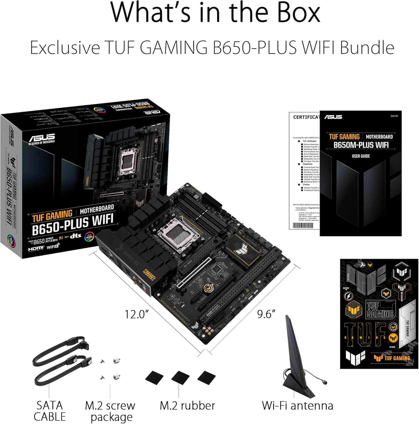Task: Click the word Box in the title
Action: pyautogui.click(x=299, y=13)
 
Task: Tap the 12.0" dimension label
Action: pyautogui.click(x=137, y=314)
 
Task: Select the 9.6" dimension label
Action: pyautogui.click(x=266, y=314)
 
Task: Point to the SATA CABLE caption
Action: pyautogui.click(x=49, y=411)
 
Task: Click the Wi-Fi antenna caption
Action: pyautogui.click(x=297, y=405)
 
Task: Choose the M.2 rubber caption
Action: pyautogui.click(x=187, y=405)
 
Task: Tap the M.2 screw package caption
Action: pyautogui.click(x=110, y=411)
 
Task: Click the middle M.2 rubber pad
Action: pyautogui.click(x=180, y=379)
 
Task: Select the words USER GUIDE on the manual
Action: pyautogui.click(x=361, y=156)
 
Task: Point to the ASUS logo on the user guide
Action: pyautogui.click(x=333, y=117)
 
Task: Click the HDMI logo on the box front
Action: pyautogui.click(x=36, y=248)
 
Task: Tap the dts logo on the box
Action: pyautogui.click(x=75, y=236)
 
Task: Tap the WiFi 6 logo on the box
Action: pyautogui.click(x=53, y=247)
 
